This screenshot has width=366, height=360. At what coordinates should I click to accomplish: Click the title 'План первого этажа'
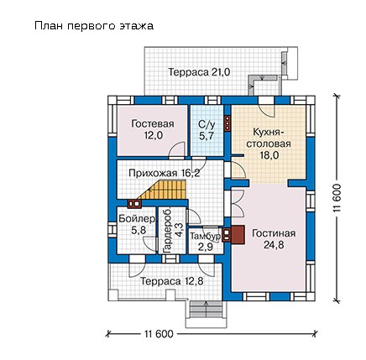pos(94,26)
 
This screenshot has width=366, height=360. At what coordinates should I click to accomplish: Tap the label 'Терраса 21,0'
pos(199,72)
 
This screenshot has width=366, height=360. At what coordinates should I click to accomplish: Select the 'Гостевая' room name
pos(153,123)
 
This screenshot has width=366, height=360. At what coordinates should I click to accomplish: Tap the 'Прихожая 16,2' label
pos(165,173)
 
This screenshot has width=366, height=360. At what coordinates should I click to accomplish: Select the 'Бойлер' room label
pos(137,218)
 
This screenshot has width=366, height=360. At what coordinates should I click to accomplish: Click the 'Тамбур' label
pos(206,237)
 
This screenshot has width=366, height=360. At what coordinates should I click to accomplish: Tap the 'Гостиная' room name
pos(274,233)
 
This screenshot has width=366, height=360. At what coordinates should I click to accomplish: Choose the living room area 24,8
pos(274,245)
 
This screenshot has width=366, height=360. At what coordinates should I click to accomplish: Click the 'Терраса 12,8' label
pos(171,281)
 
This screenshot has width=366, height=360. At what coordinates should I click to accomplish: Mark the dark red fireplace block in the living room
pos(238,235)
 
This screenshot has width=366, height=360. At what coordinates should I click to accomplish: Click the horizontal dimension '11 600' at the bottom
pos(159,334)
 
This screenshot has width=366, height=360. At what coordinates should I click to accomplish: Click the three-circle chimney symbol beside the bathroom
pos(227,123)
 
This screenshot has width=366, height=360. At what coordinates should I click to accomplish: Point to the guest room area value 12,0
pos(154,136)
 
